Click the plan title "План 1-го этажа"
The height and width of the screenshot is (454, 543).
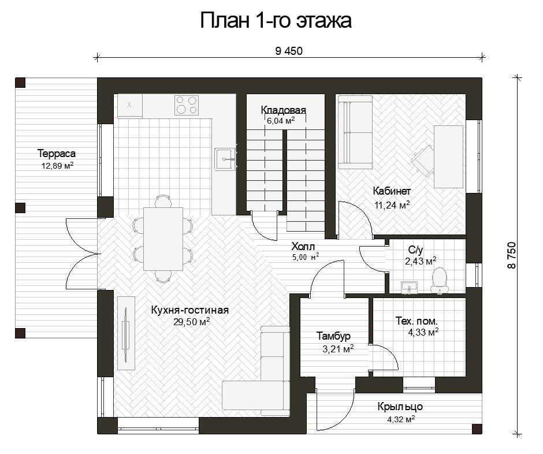276,20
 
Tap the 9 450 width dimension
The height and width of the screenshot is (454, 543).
289,51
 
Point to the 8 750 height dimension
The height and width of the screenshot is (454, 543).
512,255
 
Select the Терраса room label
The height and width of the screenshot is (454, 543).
57,154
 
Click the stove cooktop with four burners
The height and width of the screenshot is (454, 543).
187,105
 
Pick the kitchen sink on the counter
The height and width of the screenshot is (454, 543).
225,159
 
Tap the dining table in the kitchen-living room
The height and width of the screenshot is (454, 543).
163,239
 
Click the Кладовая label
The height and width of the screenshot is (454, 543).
283,110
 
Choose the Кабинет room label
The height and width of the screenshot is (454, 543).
392,191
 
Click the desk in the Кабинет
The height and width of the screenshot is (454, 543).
448,157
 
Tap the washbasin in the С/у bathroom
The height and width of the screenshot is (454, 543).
410,288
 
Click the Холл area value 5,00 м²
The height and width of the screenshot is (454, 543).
306,257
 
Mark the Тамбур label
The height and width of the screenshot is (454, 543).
333,336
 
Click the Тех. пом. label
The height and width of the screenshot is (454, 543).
416,321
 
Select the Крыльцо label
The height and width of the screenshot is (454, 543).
400,407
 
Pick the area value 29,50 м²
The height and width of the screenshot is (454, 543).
192,322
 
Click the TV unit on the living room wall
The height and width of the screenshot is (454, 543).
126,333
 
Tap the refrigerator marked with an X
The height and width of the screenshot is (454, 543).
130,105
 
